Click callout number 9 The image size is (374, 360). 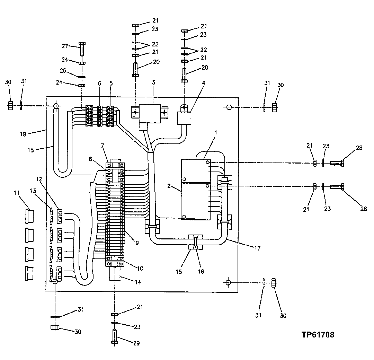(x=137, y=243)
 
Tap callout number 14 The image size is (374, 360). (x=138, y=282)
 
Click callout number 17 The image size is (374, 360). (x=257, y=248)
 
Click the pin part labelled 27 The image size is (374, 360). (x=82, y=49)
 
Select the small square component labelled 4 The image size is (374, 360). (x=185, y=118)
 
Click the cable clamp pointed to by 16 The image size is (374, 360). (x=196, y=242)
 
